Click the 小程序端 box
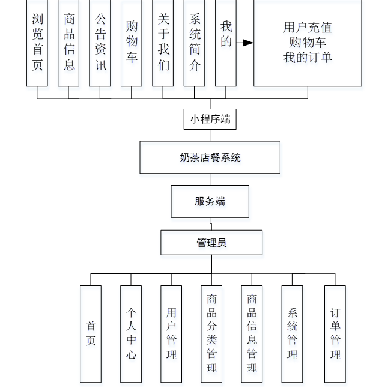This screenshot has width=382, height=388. pyautogui.click(x=210, y=119)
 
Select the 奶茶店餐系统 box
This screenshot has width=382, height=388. pyautogui.click(x=210, y=157)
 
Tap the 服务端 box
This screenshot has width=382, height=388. pyautogui.click(x=210, y=201)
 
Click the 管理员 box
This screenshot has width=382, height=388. pyautogui.click(x=211, y=243)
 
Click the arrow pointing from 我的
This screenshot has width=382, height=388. pyautogui.click(x=244, y=43)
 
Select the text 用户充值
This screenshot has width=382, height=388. pyautogui.click(x=308, y=28)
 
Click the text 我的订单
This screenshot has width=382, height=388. pyautogui.click(x=308, y=58)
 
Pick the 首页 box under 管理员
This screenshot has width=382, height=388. pyautogui.click(x=91, y=333)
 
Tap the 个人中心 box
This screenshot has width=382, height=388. pyautogui.click(x=131, y=333)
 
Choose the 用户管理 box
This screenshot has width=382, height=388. pyautogui.click(x=171, y=333)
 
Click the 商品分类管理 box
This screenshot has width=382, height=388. pyautogui.click(x=211, y=333)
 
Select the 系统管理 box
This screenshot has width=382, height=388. pyautogui.click(x=292, y=333)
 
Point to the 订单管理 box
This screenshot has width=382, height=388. pyautogui.click(x=335, y=333)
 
